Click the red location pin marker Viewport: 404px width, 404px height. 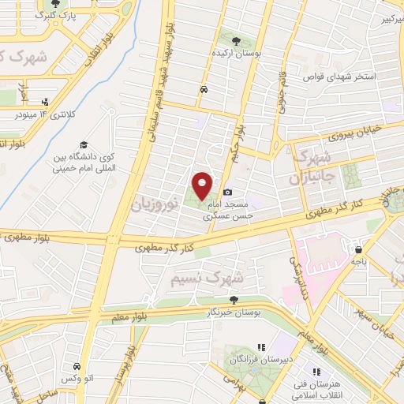(x=203, y=185)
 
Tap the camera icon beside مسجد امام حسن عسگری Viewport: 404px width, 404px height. (x=228, y=192)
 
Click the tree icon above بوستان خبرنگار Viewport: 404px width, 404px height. (x=234, y=299)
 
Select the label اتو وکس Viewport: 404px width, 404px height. (x=76, y=380)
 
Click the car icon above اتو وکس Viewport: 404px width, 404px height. (x=76, y=367)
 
